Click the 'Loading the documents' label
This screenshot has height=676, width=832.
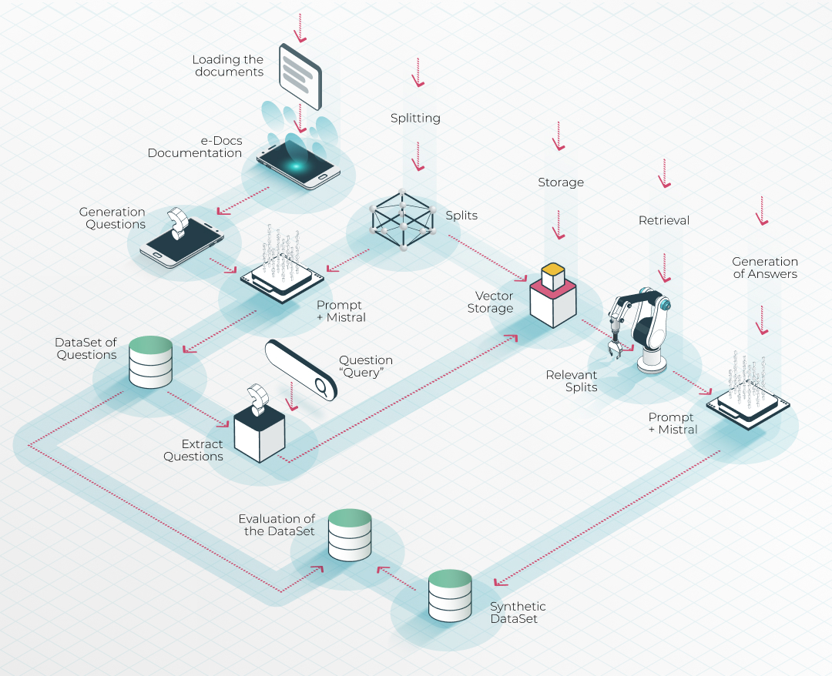pyautogui.click(x=228, y=65)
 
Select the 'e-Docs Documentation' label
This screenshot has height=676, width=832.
pyautogui.click(x=195, y=147)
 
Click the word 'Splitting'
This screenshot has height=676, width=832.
pyautogui.click(x=415, y=119)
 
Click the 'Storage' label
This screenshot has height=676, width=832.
pyautogui.click(x=561, y=182)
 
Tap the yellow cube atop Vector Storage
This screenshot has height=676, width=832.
pyautogui.click(x=553, y=274)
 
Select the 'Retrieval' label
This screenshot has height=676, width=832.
pyautogui.click(x=664, y=221)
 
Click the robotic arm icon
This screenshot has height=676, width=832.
pyautogui.click(x=641, y=327)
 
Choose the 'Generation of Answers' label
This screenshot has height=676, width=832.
pyautogui.click(x=764, y=268)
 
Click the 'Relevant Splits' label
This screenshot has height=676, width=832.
pyautogui.click(x=572, y=381)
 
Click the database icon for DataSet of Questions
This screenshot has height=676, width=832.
pyautogui.click(x=149, y=361)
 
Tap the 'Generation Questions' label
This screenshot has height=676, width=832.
pyautogui.click(x=112, y=218)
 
